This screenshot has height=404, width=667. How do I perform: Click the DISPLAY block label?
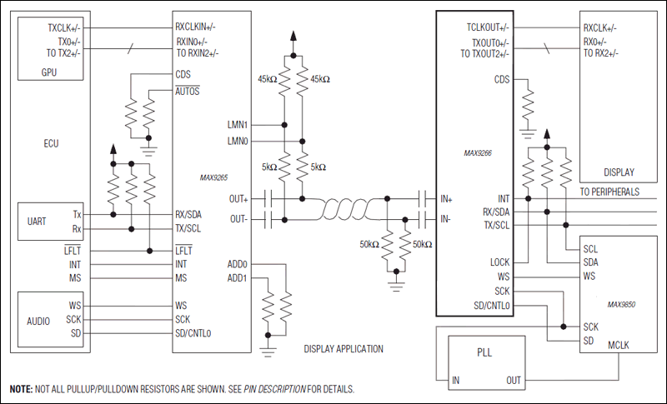click(619, 173)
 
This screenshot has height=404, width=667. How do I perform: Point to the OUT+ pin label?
click(238, 200)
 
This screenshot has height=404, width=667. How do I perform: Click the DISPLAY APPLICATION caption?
click(344, 349)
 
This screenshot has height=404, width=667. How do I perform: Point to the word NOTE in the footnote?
click(21, 389)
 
